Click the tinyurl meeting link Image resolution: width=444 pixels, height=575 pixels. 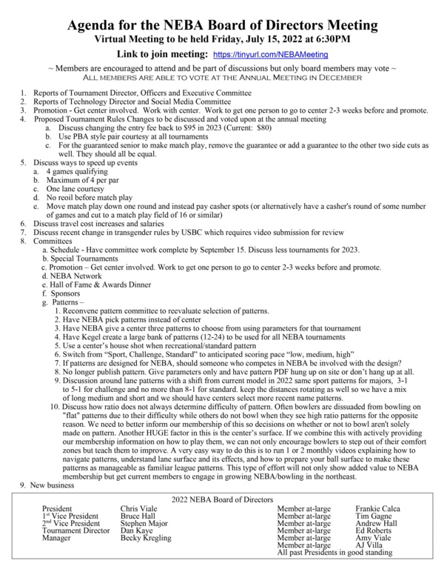(x=270, y=55)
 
